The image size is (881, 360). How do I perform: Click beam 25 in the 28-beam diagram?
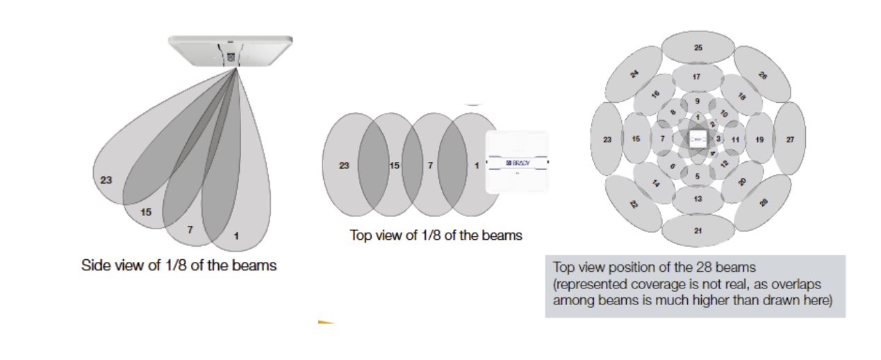tap(698, 47)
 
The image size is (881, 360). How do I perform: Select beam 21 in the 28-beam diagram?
tap(698, 229)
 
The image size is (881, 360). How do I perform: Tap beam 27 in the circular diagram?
tap(790, 139)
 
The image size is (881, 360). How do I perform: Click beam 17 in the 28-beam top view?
tap(698, 76)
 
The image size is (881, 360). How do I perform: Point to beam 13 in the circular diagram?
tap(698, 199)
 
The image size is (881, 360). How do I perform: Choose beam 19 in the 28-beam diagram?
tap(759, 139)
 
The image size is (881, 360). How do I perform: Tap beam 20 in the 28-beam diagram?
tap(741, 182)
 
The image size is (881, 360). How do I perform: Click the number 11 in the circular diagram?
tap(736, 140)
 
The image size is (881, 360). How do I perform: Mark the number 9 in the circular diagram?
tap(698, 101)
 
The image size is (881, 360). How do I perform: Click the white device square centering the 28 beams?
tap(698, 139)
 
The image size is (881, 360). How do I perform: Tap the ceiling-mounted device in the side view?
tap(229, 50)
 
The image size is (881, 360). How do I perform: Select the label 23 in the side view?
tap(106, 180)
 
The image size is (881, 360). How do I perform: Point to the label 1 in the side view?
tap(236, 236)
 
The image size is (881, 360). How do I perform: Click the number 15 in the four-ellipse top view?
tap(394, 165)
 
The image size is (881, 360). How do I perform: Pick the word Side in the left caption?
tap(94, 265)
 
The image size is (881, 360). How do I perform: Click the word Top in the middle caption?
tap(361, 236)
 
